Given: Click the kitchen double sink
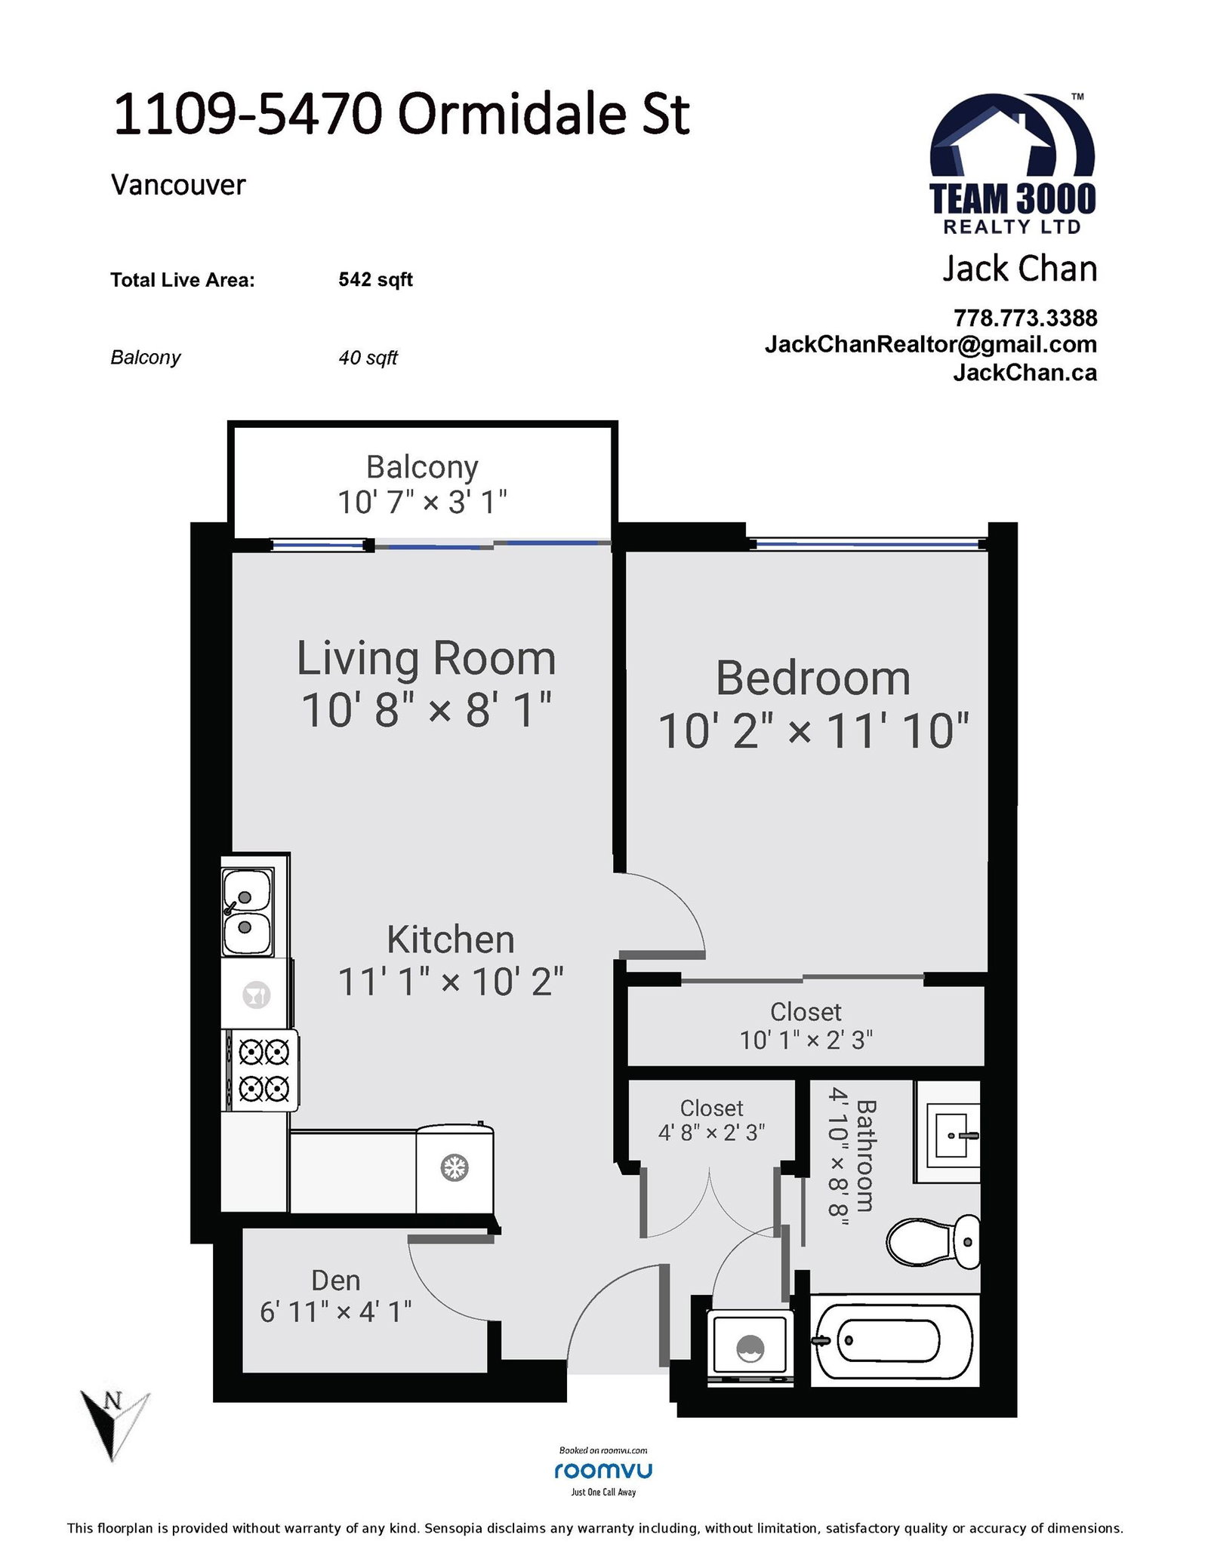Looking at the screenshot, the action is click(x=247, y=912).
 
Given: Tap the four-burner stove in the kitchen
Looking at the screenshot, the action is click(x=260, y=1070).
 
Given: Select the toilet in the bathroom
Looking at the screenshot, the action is click(x=933, y=1242).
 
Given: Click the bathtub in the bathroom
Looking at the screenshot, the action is click(x=895, y=1341).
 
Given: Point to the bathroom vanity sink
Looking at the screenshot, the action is click(x=948, y=1132).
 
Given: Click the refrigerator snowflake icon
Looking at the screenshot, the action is click(x=455, y=1168).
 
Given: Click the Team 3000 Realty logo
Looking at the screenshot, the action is click(x=1012, y=165).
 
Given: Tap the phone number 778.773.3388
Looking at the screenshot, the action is click(x=1025, y=318).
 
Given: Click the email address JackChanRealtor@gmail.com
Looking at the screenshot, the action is click(x=931, y=344).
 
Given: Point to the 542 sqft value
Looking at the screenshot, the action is click(x=375, y=280).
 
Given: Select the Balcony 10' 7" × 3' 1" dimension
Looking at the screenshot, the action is click(x=422, y=502).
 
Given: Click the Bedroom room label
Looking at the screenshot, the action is click(x=812, y=678).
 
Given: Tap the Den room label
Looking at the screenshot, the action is click(x=336, y=1280).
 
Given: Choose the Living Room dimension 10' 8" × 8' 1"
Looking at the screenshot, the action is click(x=427, y=710).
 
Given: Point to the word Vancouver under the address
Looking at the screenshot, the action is click(x=178, y=185).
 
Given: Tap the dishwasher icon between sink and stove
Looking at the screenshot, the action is click(x=256, y=994).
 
